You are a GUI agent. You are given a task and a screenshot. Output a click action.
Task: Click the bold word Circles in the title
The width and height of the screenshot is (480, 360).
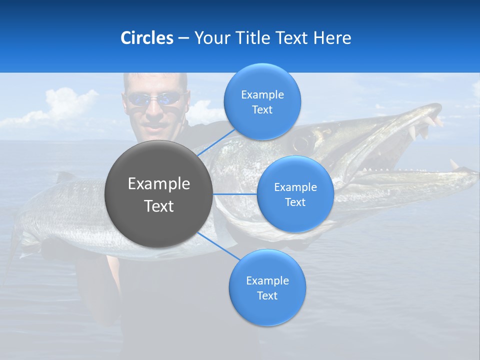click(x=146, y=38)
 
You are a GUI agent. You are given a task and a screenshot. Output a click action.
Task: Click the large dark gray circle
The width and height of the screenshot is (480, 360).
click(x=158, y=194)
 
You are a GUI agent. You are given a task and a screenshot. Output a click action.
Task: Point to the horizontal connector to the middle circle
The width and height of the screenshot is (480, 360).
click(x=235, y=194)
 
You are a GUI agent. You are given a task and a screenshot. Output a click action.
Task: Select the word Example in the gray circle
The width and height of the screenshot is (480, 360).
click(x=158, y=184)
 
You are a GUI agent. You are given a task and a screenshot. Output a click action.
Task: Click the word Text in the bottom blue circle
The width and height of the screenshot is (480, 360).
click(x=267, y=295)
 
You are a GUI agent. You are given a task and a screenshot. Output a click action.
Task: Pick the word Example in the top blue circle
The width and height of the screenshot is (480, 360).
click(x=262, y=94)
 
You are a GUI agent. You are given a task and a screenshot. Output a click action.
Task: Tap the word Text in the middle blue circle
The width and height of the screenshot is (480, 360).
click(x=295, y=202)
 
